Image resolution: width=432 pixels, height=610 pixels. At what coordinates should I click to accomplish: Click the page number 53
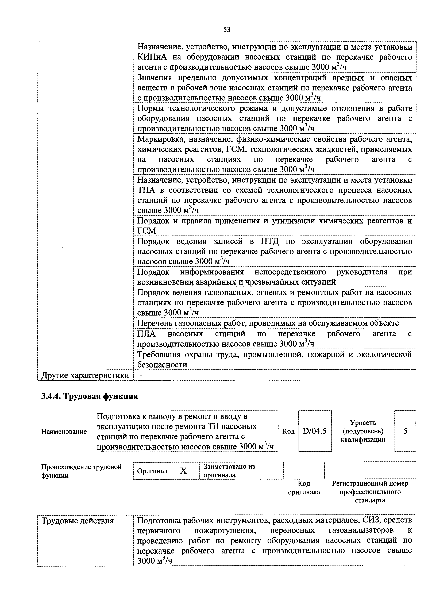(227, 30)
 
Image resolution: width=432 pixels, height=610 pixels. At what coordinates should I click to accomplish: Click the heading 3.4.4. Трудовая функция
(90, 396)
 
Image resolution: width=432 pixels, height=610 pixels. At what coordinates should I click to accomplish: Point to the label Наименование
(64, 432)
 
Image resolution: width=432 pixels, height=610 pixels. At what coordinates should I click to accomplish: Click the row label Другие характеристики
(85, 375)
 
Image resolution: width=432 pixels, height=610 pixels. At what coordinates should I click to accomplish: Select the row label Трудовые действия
(78, 520)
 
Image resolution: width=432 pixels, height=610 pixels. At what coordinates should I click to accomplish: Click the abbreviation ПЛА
(146, 334)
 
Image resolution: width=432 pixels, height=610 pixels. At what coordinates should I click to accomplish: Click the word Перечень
(155, 323)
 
